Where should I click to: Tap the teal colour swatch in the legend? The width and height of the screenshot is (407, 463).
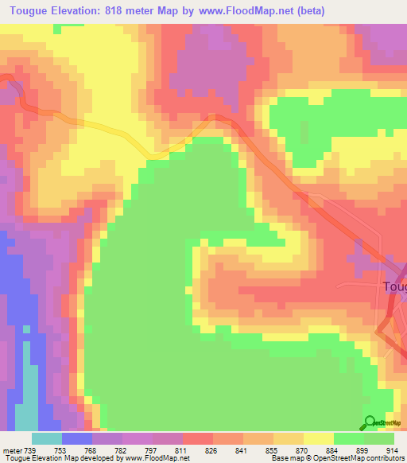[47, 438]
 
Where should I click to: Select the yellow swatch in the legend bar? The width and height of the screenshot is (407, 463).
[318, 438]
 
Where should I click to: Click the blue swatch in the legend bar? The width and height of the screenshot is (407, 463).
[77, 438]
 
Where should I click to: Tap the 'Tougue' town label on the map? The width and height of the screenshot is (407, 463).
[395, 286]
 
